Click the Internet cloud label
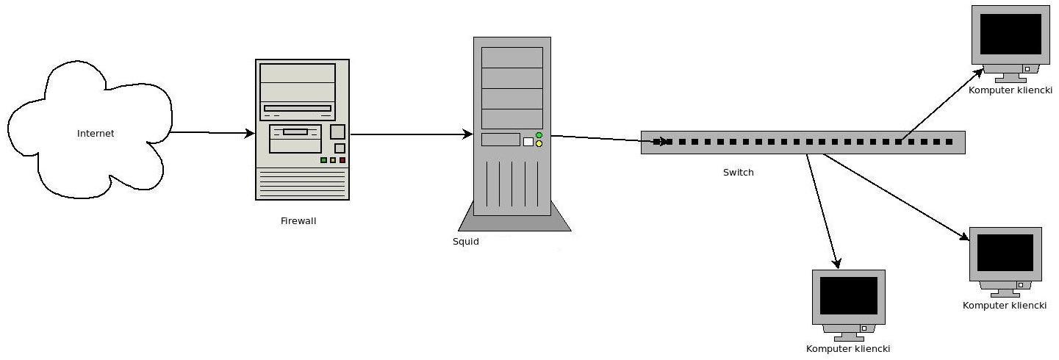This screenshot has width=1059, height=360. point(96,134)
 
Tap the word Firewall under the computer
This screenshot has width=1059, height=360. point(298,220)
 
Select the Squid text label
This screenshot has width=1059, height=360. point(465,241)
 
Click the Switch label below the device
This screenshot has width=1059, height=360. point(738,173)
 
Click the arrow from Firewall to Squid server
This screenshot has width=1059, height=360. point(412,134)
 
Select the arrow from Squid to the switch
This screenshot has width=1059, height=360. point(603,139)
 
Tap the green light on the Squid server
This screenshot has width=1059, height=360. point(539,135)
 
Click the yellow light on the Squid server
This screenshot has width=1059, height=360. point(539,144)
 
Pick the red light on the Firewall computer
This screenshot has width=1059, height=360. point(342,160)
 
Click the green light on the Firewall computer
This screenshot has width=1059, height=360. point(323,160)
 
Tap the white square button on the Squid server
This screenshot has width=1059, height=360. point(528,142)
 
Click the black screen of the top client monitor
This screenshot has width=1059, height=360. point(1010,34)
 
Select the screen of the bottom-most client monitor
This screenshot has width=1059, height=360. point(848,295)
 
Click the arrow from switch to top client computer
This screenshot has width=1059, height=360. point(944,104)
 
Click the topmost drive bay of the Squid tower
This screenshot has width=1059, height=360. point(512,57)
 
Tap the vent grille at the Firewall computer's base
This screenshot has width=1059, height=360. point(302,184)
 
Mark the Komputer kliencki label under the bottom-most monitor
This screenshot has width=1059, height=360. point(848,349)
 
